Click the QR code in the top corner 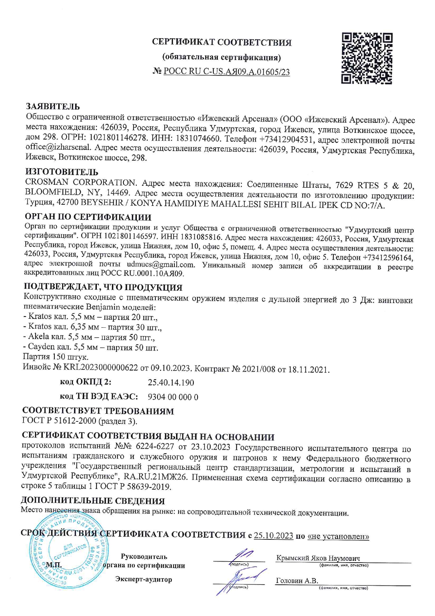(x=367, y=58)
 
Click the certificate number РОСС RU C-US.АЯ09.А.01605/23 (x=227, y=72)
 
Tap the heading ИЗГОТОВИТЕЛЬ (x=62, y=172)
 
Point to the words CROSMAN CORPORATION (x=80, y=183)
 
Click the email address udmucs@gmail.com (x=160, y=264)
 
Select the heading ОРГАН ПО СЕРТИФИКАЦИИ (x=88, y=217)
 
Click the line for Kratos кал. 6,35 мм (x=92, y=327)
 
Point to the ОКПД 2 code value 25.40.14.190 (x=171, y=382)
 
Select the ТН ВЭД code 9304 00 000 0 (x=173, y=397)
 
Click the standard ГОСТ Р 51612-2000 (x=59, y=421)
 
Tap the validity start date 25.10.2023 (x=273, y=536)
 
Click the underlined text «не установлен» (x=338, y=536)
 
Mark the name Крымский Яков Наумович (x=318, y=558)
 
